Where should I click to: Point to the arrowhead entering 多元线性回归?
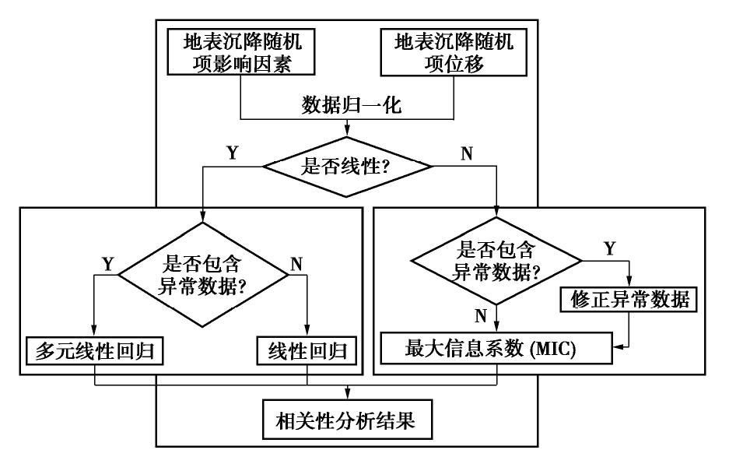click(x=93, y=332)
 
